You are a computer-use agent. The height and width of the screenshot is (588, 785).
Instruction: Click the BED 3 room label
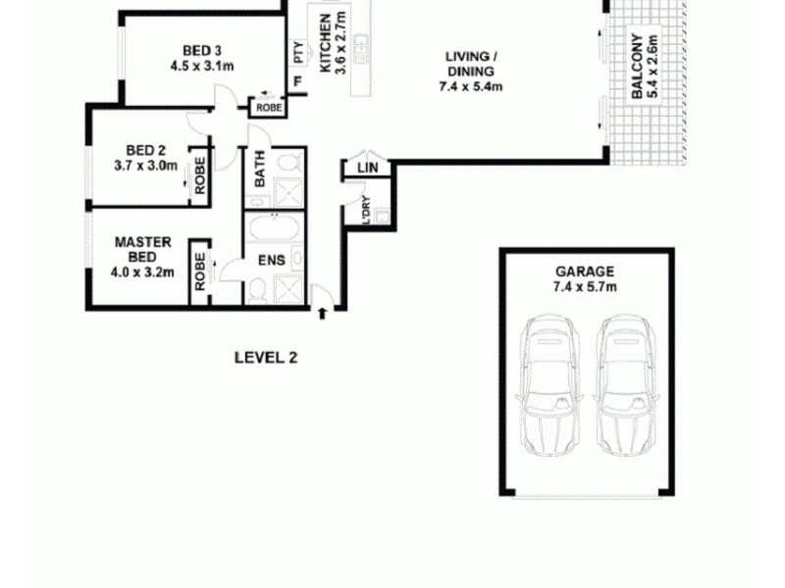[x=201, y=51]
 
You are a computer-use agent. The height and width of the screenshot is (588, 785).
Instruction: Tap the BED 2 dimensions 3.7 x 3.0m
[x=145, y=166]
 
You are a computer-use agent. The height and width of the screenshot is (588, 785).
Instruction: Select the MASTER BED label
[x=143, y=249]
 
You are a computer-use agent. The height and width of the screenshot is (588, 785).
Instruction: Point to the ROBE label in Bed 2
[x=200, y=177]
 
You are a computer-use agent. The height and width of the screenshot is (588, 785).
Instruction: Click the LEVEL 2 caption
[x=265, y=358]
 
